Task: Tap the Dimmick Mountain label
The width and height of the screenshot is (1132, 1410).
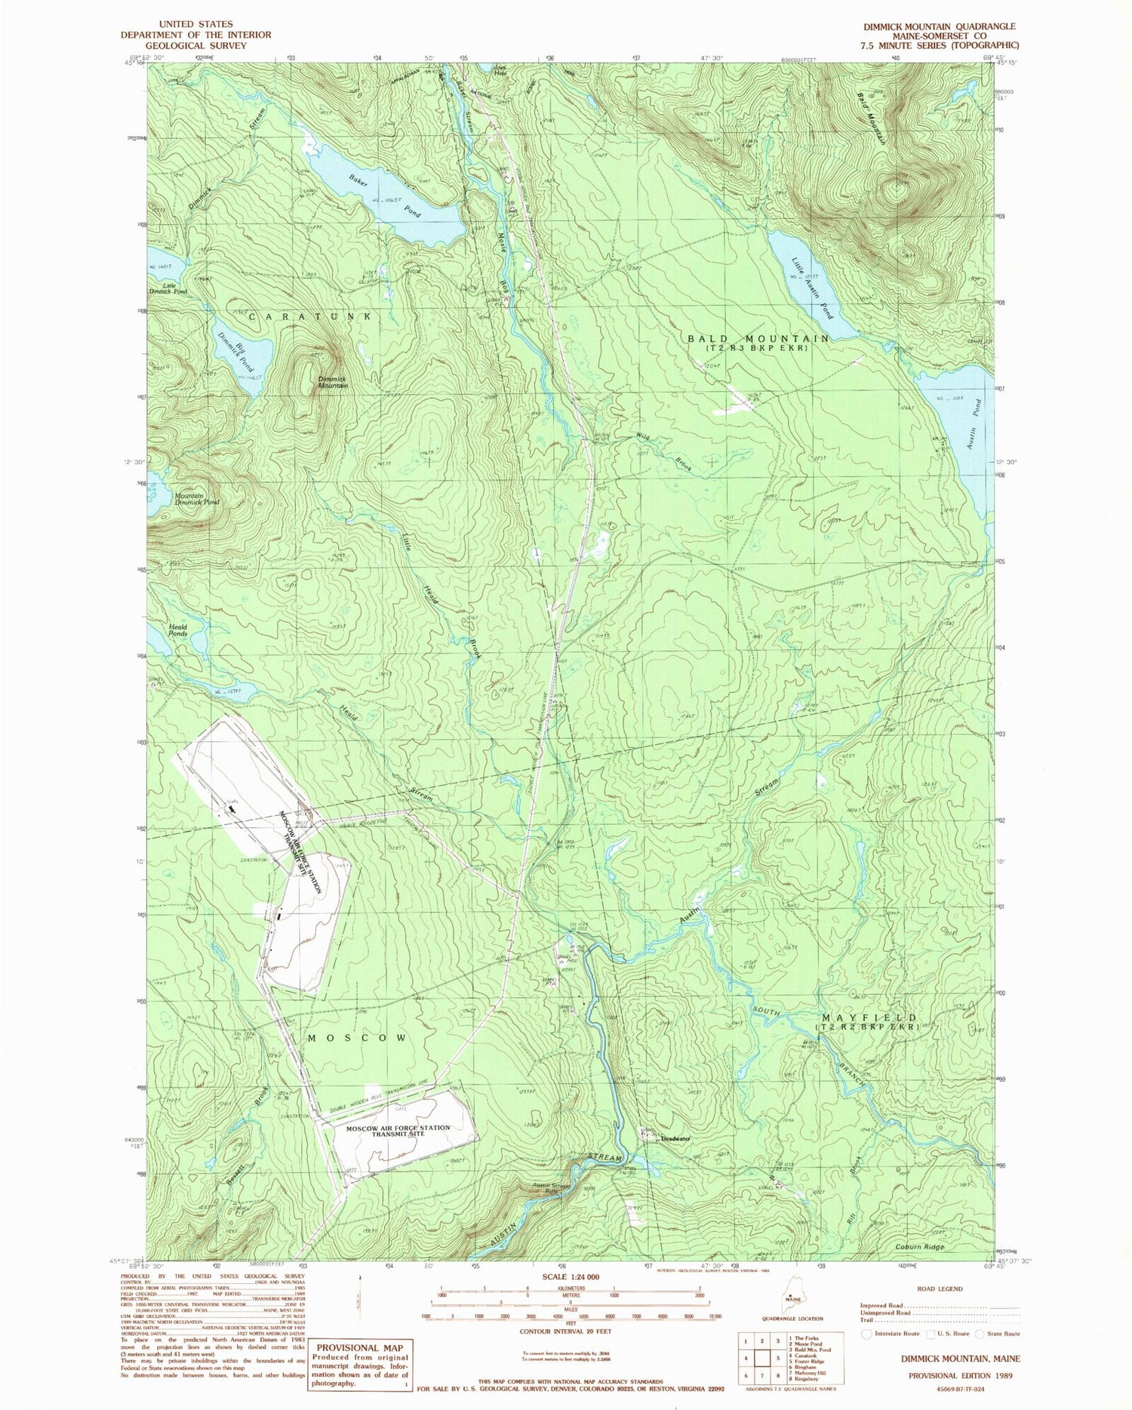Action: coord(332,382)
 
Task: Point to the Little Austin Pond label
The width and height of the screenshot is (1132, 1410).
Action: coord(814,288)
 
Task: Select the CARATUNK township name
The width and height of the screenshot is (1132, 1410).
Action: coord(309,317)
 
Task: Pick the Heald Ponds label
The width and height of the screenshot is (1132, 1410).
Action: coord(177,630)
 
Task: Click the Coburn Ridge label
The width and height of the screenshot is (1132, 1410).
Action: coord(920,1247)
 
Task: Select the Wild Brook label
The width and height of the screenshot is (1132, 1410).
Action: coord(664,451)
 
